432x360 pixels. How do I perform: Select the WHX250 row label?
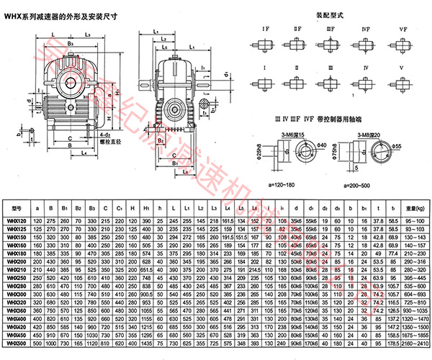click(14, 276)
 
